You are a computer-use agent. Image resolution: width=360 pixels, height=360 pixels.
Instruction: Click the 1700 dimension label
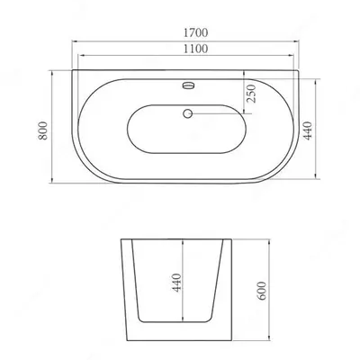(195, 32)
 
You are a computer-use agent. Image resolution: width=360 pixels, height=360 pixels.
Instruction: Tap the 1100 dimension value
(195, 49)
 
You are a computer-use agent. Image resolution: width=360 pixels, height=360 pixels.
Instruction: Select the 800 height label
(43, 130)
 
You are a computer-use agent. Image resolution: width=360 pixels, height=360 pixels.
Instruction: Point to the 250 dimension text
(251, 94)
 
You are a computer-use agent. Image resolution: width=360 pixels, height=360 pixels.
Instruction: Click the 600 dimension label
(262, 291)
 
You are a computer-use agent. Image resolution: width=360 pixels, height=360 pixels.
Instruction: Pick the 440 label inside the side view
(177, 283)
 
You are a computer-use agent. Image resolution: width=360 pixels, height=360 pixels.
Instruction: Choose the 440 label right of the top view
(308, 130)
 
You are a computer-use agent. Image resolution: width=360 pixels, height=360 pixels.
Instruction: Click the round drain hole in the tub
(187, 113)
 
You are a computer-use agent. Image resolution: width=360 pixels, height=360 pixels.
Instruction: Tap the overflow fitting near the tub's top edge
(188, 85)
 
